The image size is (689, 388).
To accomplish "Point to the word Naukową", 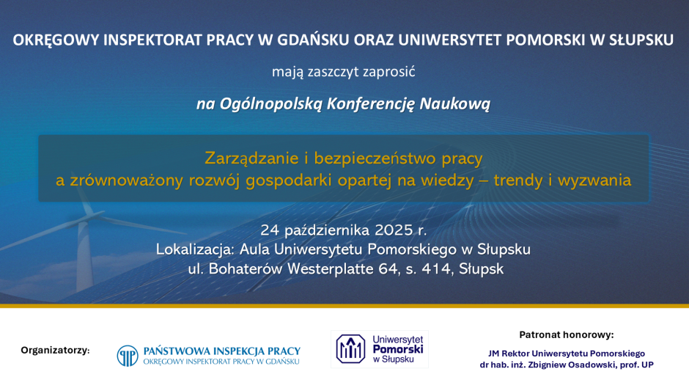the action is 454,104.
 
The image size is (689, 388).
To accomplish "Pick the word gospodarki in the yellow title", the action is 289,180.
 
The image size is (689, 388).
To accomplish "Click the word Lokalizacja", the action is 195,249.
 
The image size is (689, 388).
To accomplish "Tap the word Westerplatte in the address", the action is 330,268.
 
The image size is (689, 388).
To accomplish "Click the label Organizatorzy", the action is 55,351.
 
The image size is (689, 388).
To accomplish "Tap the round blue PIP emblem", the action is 128,356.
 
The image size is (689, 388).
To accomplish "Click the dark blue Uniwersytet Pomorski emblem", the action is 350,349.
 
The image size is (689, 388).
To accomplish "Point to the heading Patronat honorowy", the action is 567,334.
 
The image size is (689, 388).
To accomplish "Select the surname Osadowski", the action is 591,365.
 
